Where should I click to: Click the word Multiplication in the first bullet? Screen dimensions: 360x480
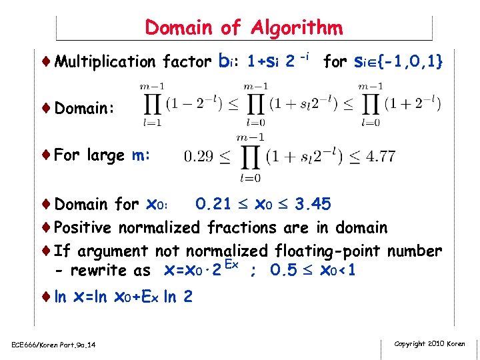coord(107,62)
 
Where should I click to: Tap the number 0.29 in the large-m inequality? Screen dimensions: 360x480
coord(199,157)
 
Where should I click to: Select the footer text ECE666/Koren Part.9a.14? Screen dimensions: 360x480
coord(53,344)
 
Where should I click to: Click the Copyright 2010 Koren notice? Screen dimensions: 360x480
coord(429,344)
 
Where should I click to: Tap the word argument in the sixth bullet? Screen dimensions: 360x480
coord(113,252)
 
